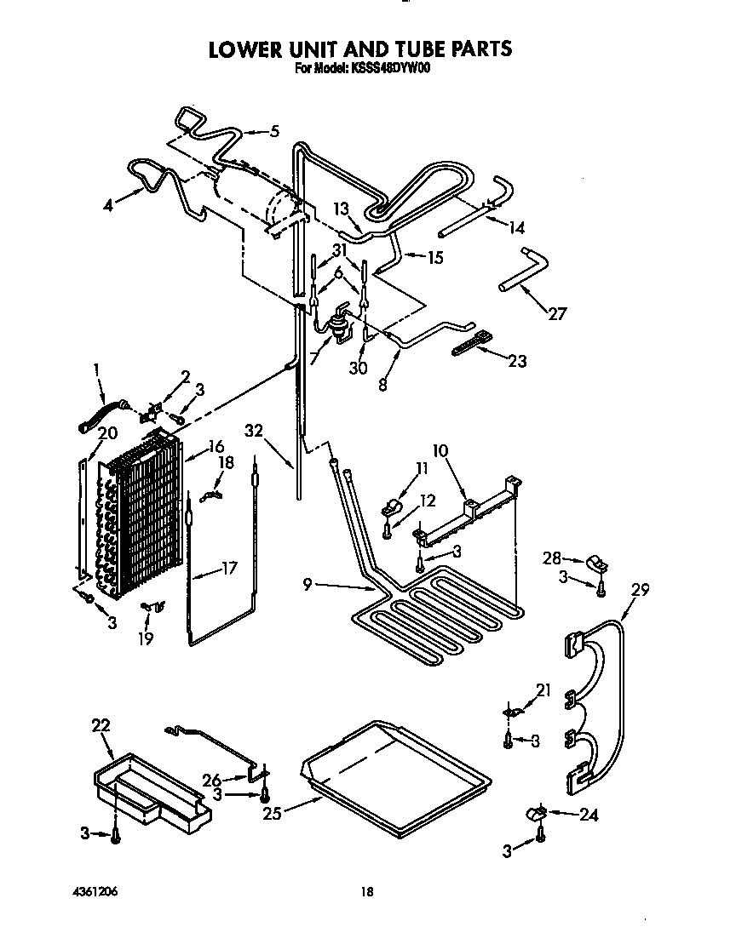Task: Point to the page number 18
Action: point(366,891)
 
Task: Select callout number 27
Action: point(556,314)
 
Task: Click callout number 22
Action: point(101,724)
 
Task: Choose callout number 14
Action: point(515,227)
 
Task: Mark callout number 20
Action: point(107,433)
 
